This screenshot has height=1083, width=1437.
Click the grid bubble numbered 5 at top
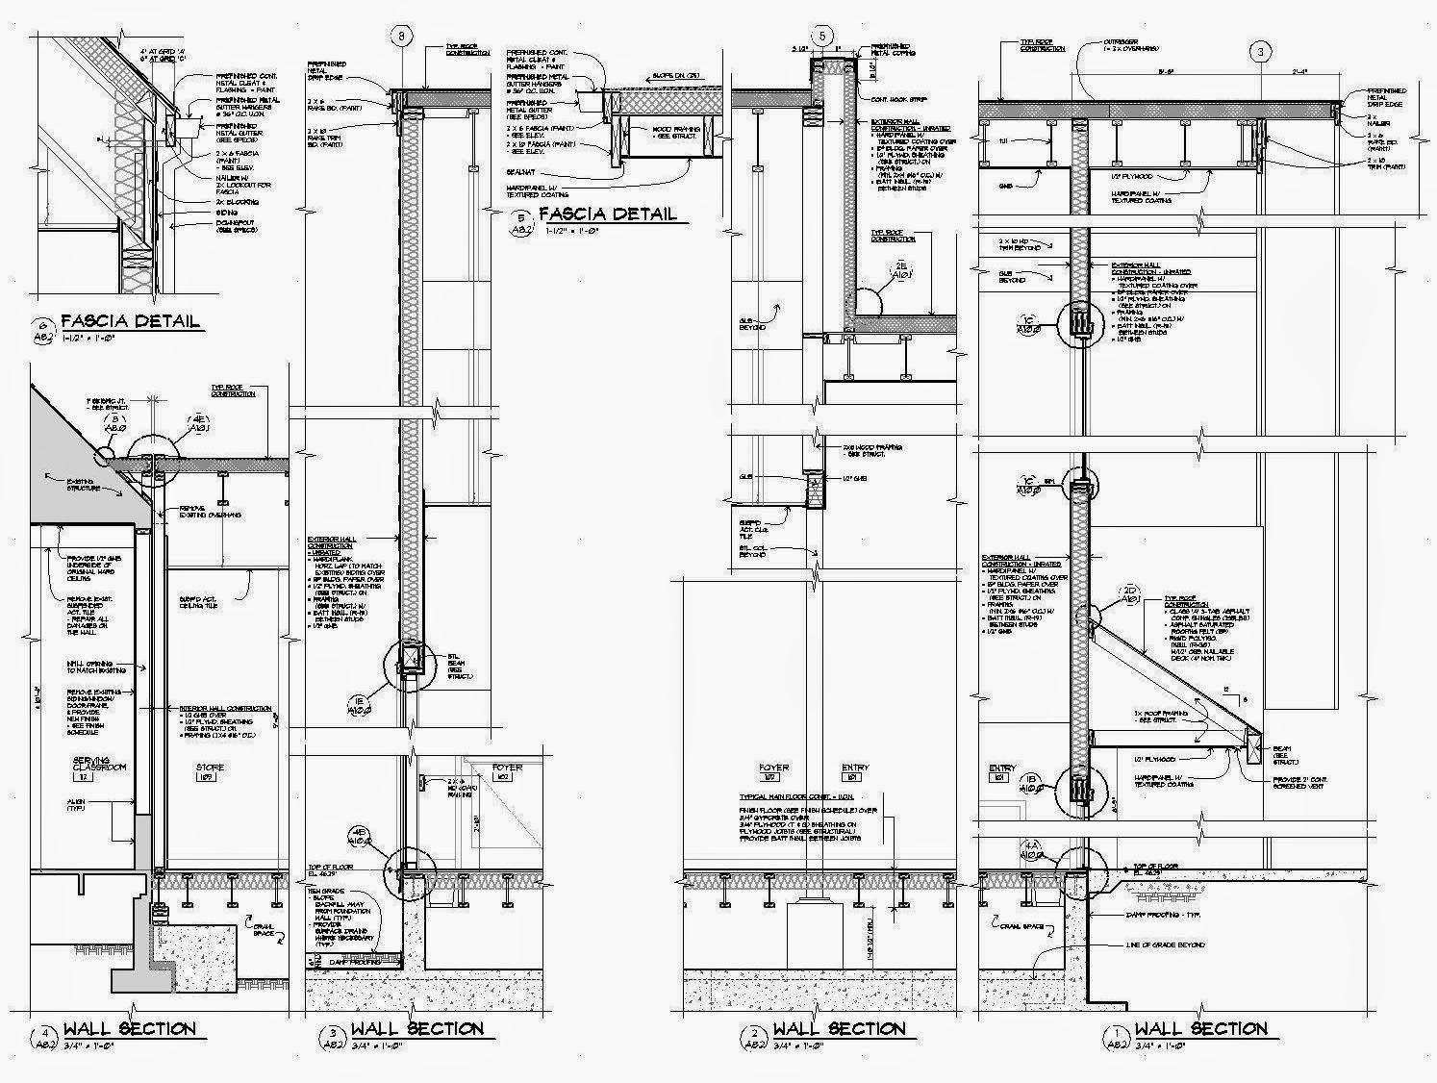822,37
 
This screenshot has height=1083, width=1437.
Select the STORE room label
210,768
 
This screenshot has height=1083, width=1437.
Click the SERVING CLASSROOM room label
99,766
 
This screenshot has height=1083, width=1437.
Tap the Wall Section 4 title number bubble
43,1038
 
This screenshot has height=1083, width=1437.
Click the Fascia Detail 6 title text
130,321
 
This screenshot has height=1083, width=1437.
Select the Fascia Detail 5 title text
607,214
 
